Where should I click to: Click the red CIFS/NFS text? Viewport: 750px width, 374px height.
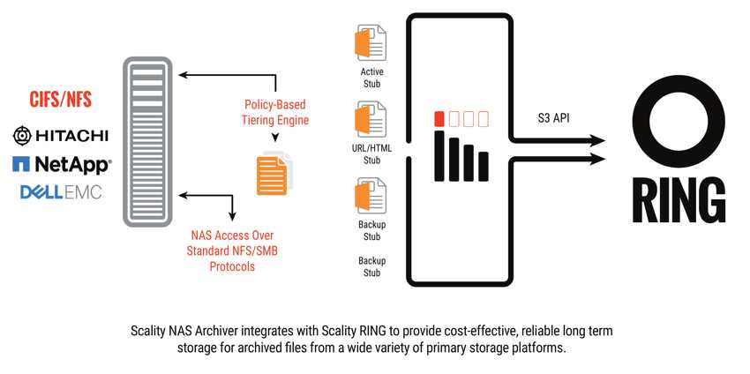point(60,100)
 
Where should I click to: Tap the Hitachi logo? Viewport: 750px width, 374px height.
point(60,137)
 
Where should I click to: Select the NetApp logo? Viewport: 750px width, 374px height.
point(62,165)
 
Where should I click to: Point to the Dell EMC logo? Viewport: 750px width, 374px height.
point(61,192)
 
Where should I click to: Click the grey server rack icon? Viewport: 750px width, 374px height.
point(147,141)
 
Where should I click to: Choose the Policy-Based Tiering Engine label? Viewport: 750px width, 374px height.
point(275,112)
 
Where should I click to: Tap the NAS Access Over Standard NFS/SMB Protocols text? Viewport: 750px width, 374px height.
point(232,251)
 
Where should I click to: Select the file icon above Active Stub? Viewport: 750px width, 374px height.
point(371,44)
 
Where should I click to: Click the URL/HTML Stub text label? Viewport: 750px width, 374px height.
point(371,154)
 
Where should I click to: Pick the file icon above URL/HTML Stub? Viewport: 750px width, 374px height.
point(371,120)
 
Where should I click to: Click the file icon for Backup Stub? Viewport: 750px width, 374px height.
point(371,196)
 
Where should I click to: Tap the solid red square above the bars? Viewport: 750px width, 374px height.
point(439,119)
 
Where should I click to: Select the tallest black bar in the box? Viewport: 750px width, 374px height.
point(439,156)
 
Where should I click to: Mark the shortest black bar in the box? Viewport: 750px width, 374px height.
point(484,167)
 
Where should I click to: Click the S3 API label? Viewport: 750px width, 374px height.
point(553,118)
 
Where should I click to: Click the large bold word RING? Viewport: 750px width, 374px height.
point(679,200)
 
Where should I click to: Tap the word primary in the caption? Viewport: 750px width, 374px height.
point(455,348)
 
